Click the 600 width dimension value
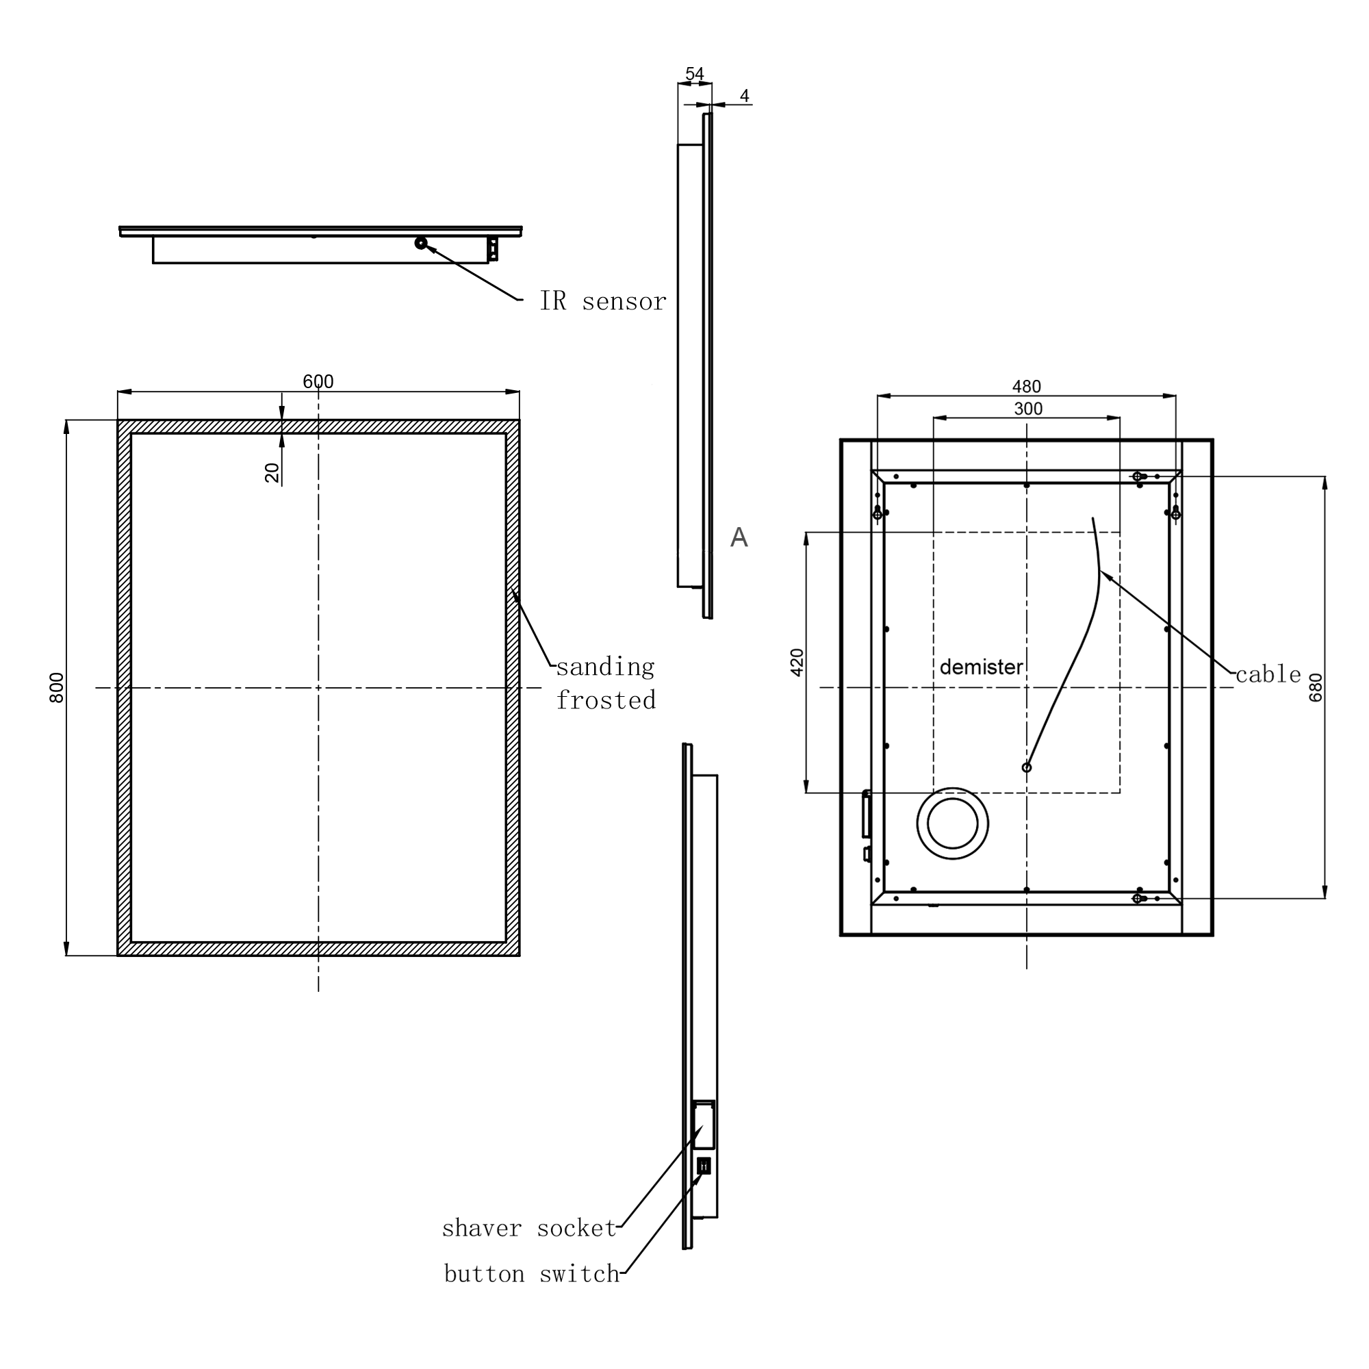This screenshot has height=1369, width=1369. click(x=318, y=381)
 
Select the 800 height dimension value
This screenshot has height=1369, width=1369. click(x=57, y=687)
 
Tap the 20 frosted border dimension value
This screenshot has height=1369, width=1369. click(x=272, y=472)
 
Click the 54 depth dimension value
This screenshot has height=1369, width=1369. click(x=694, y=74)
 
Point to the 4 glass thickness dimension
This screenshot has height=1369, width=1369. click(x=744, y=96)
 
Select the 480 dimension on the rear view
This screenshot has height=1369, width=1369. click(x=1026, y=386)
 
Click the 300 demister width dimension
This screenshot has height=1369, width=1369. click(x=1027, y=408)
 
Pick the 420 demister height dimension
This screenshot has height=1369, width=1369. click(x=797, y=663)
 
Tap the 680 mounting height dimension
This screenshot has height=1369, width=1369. click(x=1316, y=687)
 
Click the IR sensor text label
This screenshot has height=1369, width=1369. click(x=602, y=301)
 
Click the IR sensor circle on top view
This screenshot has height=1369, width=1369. click(x=421, y=243)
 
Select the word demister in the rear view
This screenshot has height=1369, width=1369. click(x=981, y=667)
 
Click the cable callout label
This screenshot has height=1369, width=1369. click(x=1268, y=675)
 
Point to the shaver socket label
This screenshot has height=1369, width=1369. click(x=529, y=1228)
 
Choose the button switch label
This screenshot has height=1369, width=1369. click(x=531, y=1274)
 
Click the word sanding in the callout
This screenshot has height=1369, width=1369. click(x=605, y=667)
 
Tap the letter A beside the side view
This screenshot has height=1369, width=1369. click(x=739, y=537)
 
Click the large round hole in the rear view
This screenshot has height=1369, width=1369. click(x=952, y=823)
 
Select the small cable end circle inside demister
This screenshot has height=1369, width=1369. click(x=1026, y=767)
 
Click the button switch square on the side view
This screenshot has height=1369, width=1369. click(x=704, y=1166)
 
